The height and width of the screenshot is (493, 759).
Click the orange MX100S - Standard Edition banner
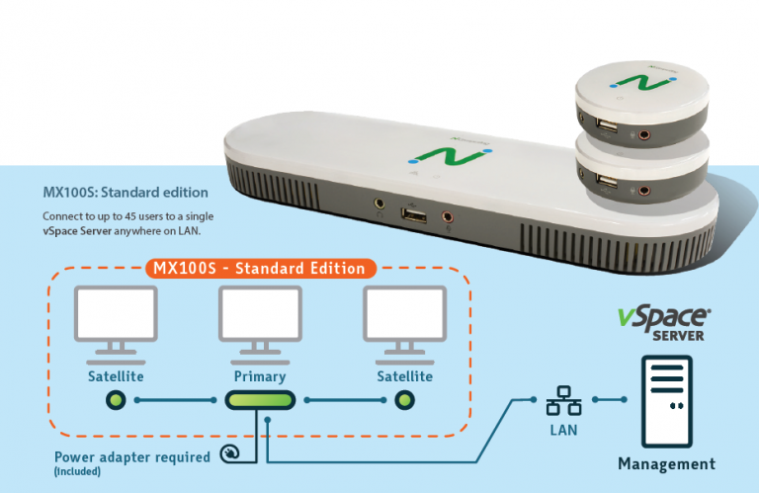click(261, 269)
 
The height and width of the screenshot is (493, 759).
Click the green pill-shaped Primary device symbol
click(261, 400)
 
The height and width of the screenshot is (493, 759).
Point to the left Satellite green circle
click(116, 400)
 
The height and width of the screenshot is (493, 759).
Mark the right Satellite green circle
click(404, 400)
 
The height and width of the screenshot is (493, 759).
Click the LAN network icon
click(563, 400)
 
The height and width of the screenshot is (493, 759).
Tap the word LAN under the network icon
click(563, 430)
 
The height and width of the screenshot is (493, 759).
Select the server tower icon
click(666, 401)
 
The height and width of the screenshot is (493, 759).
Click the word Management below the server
click(666, 464)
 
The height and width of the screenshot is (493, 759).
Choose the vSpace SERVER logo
click(664, 323)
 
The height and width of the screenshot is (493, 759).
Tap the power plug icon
click(230, 453)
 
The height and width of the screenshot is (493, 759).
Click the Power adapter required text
click(132, 457)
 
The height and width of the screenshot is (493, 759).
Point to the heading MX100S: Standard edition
click(126, 193)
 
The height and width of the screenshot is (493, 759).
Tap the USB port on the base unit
click(413, 214)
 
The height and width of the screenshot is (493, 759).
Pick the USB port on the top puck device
click(607, 125)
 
